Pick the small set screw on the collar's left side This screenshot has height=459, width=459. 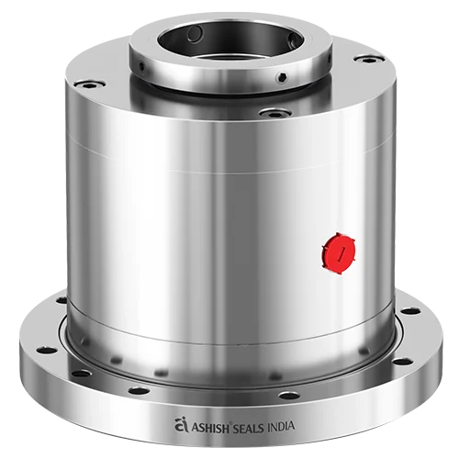point(143,63)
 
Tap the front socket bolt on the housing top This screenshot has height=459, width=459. point(271,114)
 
